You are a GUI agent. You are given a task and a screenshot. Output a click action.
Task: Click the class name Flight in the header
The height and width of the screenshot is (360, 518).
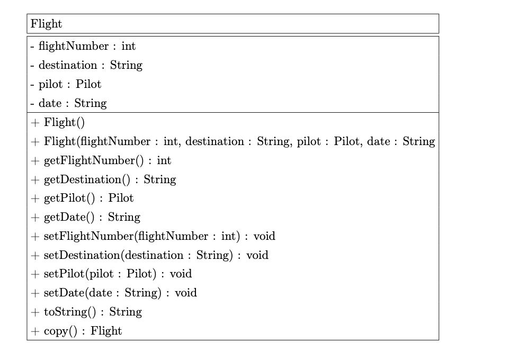[46, 24]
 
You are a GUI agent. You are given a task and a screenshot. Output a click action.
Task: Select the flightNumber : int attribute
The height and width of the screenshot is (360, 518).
[83, 46]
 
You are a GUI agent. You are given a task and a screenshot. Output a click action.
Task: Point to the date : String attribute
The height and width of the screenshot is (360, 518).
[69, 103]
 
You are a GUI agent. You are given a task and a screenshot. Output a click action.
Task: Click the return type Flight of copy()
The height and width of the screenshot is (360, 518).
[106, 331]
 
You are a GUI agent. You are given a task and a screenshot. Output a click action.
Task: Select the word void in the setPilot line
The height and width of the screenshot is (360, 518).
[181, 274]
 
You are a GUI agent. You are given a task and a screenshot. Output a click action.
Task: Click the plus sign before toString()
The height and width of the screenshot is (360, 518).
[35, 312]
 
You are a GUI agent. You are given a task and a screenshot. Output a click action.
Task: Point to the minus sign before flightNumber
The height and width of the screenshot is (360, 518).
[32, 47]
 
